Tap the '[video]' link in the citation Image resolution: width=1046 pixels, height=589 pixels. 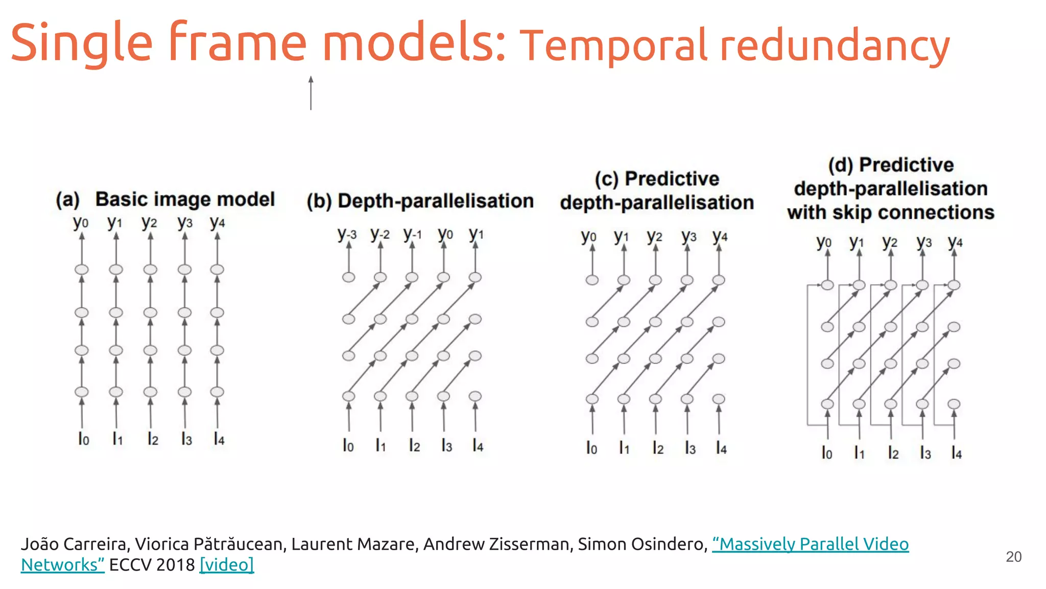(x=226, y=564)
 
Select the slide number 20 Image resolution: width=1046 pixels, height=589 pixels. (x=1013, y=556)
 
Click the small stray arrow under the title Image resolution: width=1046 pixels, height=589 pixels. (x=311, y=93)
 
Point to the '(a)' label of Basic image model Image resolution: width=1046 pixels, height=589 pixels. (x=68, y=199)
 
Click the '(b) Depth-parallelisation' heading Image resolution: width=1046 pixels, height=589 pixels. (x=420, y=201)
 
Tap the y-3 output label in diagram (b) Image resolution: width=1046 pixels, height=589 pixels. (x=347, y=234)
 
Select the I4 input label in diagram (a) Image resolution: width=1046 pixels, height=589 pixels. (x=219, y=439)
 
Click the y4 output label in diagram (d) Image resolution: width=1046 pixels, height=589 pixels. (x=955, y=242)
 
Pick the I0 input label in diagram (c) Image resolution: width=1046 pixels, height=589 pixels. (x=591, y=448)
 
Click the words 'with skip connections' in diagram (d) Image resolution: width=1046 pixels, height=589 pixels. (x=890, y=212)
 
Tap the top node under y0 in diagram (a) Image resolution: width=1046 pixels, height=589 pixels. (x=82, y=269)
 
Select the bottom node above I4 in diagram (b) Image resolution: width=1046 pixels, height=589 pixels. (x=475, y=396)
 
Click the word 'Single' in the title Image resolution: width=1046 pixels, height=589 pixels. (x=82, y=43)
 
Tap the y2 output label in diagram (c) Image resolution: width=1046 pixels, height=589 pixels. (x=654, y=236)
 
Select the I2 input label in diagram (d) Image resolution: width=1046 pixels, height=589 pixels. (x=893, y=452)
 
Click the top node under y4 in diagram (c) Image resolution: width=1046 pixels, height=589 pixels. (x=719, y=280)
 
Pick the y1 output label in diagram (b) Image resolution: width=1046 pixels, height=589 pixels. (x=476, y=234)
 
